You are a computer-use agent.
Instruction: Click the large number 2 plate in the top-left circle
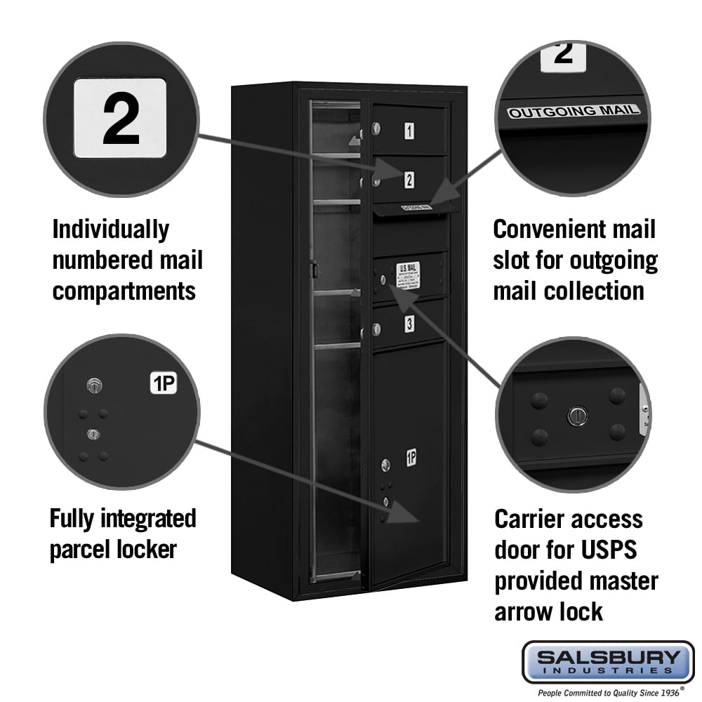click(120, 118)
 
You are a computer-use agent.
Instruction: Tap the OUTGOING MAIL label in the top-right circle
click(574, 111)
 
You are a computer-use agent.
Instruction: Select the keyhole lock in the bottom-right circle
click(577, 416)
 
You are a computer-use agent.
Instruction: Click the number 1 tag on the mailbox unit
click(409, 130)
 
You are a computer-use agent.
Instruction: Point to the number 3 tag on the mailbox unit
click(409, 324)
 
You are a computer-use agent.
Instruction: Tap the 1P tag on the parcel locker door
click(411, 458)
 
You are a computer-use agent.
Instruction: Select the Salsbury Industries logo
click(607, 661)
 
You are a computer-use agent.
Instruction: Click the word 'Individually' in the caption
click(111, 230)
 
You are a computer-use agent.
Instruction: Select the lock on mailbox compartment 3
click(377, 328)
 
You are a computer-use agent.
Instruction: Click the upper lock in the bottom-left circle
click(94, 385)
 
